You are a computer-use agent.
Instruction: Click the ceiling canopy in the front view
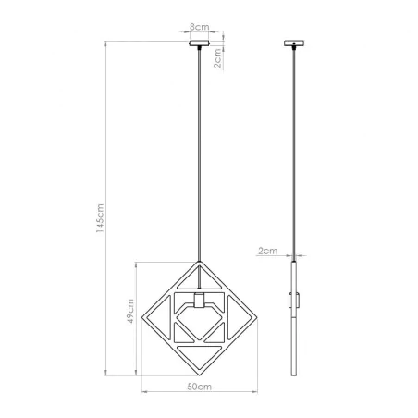[x=200, y=43]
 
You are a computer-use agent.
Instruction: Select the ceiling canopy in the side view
[x=295, y=43]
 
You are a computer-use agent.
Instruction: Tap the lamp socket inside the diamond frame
[x=199, y=301]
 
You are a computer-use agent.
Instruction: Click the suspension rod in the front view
[x=200, y=148]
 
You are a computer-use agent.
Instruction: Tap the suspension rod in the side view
[x=295, y=148]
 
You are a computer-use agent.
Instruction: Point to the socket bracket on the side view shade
[x=296, y=301]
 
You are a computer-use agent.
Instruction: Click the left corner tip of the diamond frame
[x=142, y=316]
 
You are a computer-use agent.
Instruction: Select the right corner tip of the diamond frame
[x=256, y=316]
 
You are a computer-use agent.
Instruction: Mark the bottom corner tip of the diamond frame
[x=199, y=373]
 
